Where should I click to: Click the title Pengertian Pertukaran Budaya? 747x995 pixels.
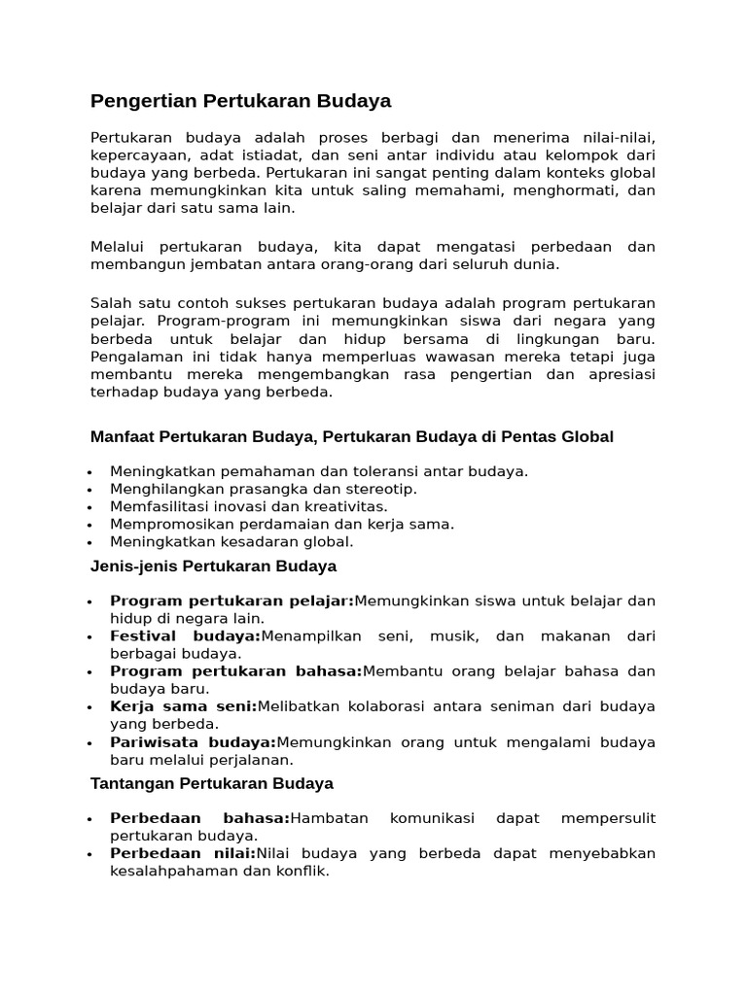(x=240, y=101)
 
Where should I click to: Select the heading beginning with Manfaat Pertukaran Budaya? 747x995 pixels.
(x=351, y=437)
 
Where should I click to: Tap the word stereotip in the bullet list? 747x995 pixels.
(x=382, y=489)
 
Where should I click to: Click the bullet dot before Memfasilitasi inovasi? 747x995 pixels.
(x=89, y=507)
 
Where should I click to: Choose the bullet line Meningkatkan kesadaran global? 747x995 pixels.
(x=231, y=542)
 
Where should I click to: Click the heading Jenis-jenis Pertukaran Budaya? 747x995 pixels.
(x=213, y=566)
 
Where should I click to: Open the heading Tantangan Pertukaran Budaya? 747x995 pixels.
(x=211, y=784)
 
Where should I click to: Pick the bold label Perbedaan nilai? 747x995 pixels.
(x=183, y=854)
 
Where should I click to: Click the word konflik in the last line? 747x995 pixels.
(x=304, y=872)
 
